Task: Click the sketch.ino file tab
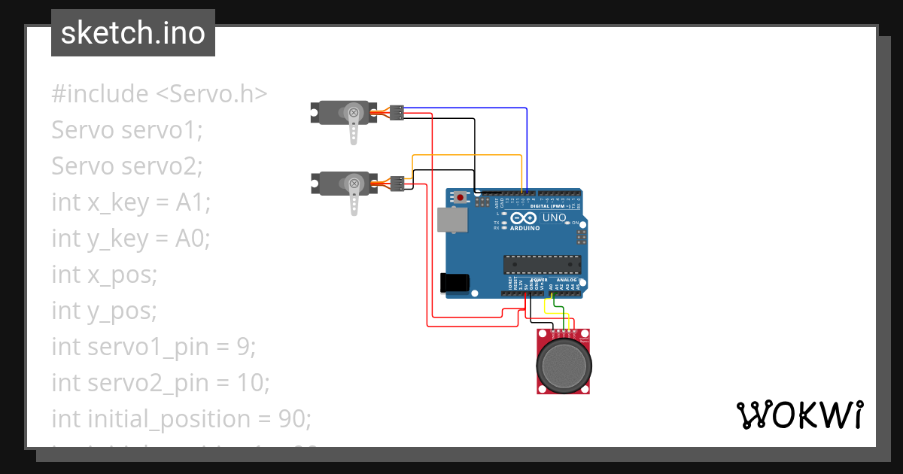[133, 33]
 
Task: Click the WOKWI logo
[798, 415]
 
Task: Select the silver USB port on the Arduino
[451, 220]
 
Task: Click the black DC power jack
[455, 282]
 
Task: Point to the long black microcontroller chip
[542, 264]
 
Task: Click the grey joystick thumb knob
[564, 364]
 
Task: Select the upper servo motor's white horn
[354, 126]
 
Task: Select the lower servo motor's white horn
[354, 197]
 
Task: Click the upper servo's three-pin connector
[397, 113]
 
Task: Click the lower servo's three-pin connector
[397, 182]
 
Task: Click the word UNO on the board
[554, 218]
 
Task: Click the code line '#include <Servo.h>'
[160, 94]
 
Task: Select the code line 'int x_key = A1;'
[131, 202]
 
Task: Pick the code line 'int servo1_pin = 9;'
[154, 347]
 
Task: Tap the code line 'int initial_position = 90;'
[181, 418]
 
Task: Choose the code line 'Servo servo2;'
[127, 166]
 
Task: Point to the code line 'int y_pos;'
[105, 311]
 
